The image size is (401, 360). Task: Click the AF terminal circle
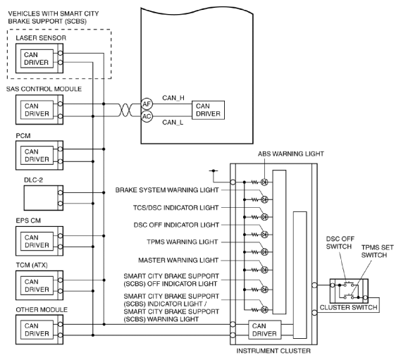click(147, 104)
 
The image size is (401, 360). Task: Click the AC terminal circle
click(147, 116)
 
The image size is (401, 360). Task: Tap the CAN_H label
click(173, 98)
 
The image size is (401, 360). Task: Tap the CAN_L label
click(173, 123)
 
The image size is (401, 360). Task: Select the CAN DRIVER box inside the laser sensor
click(37, 58)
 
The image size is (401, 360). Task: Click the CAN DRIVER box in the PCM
click(37, 156)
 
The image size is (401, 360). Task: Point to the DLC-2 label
click(33, 180)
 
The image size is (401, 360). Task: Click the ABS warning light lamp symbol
click(264, 182)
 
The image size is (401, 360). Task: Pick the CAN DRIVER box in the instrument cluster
click(265, 330)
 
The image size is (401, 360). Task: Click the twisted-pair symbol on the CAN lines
click(125, 110)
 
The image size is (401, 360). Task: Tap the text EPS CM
click(28, 221)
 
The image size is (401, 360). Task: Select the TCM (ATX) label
click(32, 265)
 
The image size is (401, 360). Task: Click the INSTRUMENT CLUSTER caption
click(273, 351)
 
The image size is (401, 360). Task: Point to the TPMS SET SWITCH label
click(377, 252)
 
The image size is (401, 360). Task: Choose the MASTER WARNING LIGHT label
click(178, 260)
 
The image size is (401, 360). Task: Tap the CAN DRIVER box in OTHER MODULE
click(37, 330)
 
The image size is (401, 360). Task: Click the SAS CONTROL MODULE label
click(44, 89)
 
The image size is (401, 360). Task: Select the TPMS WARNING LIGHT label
click(183, 242)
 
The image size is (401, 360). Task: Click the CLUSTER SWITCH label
click(348, 308)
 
